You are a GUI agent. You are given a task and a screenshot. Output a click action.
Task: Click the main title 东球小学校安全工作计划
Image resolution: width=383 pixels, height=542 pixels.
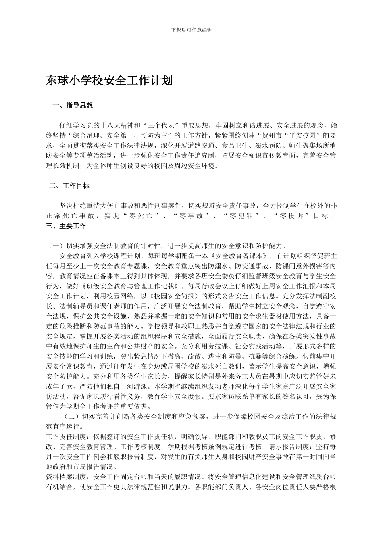(x=110, y=80)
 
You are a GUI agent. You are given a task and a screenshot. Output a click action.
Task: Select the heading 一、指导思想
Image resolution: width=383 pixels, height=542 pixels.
(x=73, y=106)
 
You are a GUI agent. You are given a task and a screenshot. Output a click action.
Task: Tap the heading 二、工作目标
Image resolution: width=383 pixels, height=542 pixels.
(x=69, y=186)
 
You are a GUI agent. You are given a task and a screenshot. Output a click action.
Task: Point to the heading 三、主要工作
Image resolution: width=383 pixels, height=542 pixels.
(x=66, y=226)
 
